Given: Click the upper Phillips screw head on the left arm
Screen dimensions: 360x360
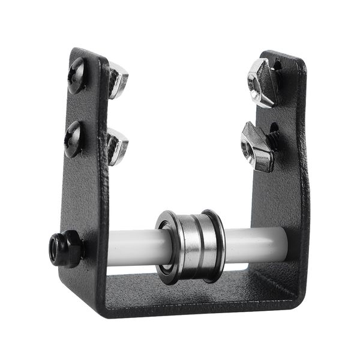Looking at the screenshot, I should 77,74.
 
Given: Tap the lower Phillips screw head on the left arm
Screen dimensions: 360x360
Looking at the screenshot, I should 74,139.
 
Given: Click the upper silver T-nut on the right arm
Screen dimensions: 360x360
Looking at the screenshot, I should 263,82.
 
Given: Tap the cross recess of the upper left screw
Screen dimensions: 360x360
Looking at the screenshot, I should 77,74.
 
